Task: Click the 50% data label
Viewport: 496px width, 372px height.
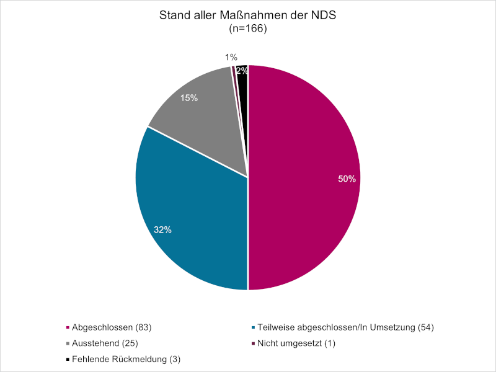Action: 347,179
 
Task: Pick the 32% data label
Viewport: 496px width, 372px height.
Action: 162,229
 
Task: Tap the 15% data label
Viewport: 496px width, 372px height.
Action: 188,98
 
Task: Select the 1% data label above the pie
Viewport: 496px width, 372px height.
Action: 231,58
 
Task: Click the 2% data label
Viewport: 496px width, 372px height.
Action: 242,71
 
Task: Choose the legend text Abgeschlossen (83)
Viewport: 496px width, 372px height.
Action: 112,327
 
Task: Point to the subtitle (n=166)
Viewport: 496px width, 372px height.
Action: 247,29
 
